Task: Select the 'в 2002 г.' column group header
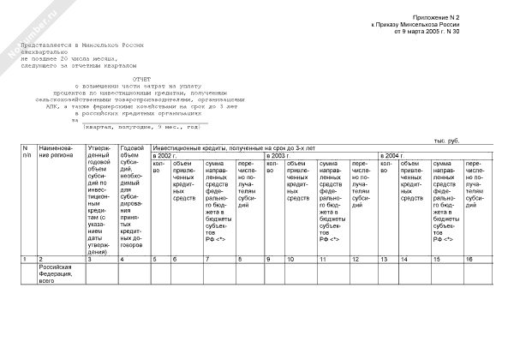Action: [x=164, y=156]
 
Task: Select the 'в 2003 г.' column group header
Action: [x=279, y=156]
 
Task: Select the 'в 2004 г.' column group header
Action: [x=393, y=156]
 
